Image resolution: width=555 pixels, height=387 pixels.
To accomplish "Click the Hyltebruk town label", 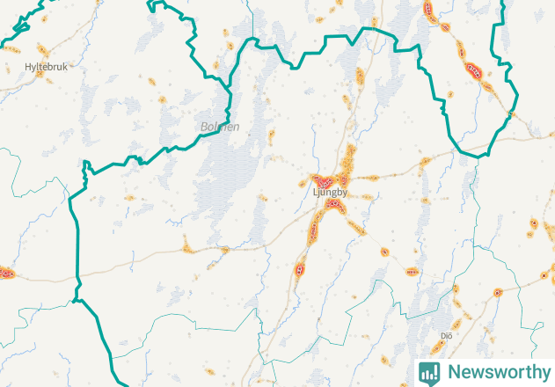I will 46,66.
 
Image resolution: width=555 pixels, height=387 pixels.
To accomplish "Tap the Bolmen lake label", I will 220,127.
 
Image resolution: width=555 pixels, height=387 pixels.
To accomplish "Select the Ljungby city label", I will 330,191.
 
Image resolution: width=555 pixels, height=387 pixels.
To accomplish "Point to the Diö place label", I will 447,335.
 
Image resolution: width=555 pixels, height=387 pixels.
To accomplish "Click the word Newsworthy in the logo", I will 496,371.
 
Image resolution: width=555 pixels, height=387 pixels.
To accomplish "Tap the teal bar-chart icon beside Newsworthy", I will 429,372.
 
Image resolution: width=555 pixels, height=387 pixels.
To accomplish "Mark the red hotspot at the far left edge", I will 4,273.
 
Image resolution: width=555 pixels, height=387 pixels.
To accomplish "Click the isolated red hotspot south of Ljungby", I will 301,268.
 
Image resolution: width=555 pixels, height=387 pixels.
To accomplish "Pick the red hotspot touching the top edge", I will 429,10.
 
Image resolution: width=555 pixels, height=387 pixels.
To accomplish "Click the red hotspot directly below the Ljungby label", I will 332,205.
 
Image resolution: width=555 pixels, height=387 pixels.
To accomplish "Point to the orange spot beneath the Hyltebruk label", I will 40,75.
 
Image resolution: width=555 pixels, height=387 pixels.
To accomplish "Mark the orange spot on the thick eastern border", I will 510,113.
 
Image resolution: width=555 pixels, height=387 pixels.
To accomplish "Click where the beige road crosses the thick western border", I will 77,280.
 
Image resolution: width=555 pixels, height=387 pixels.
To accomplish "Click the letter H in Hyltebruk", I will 27,66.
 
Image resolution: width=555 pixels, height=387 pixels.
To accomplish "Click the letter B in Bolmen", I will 204,127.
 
